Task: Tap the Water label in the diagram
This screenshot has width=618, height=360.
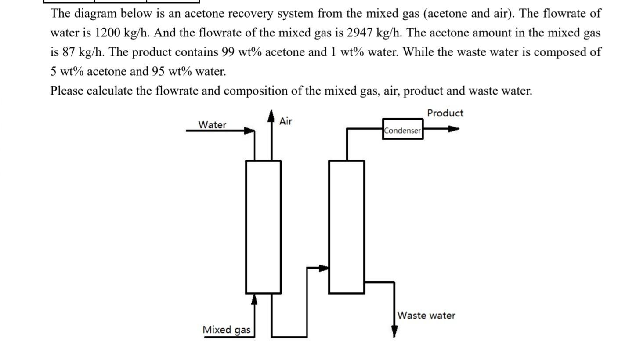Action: coord(212,125)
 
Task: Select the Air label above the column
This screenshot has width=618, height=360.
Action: coord(286,121)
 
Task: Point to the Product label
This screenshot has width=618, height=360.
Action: coord(445,113)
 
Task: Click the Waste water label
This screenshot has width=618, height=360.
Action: coord(426,316)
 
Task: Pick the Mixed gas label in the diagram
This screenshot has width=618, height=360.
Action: coord(227,330)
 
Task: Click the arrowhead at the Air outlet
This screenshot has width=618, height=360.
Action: coord(271,115)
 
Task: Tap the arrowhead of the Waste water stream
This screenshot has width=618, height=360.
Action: coord(394,332)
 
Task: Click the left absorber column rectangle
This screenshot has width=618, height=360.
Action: coord(263,226)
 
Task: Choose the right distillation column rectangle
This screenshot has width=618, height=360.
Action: coord(347,226)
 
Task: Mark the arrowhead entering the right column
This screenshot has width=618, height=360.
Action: coord(324,268)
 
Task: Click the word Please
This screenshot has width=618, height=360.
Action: coord(66,91)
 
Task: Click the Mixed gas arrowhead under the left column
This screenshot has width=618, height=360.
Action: coord(254,299)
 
